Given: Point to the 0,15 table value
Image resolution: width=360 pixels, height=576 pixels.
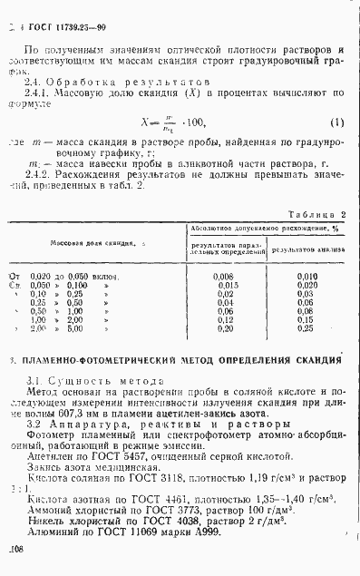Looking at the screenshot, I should point(304,319).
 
